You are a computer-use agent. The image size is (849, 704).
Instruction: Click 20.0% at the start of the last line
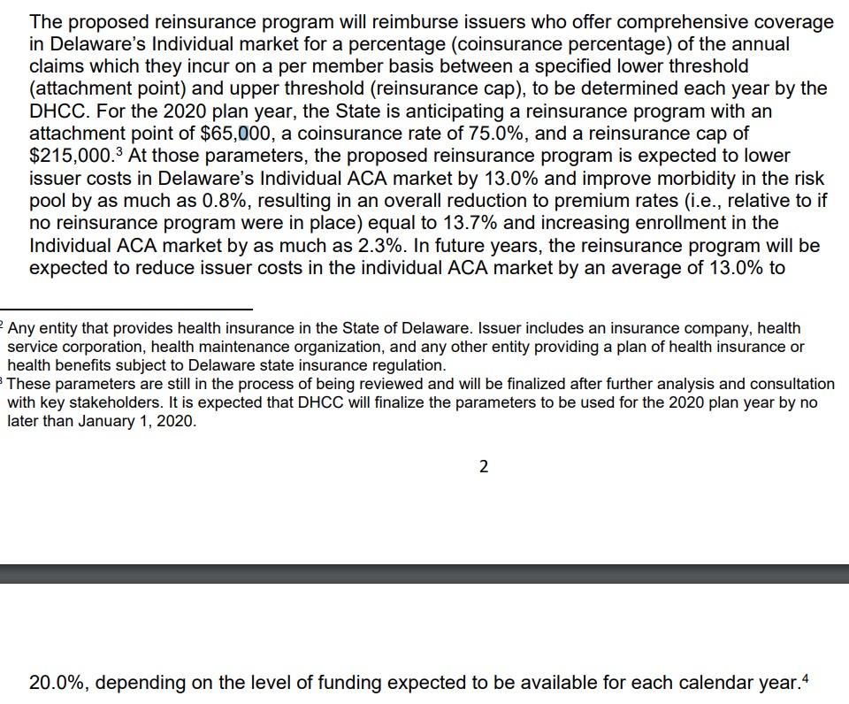pyautogui.click(x=57, y=683)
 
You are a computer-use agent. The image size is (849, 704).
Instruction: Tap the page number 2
pyautogui.click(x=483, y=467)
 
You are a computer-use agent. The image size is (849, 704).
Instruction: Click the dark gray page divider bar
pyautogui.click(x=424, y=574)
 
